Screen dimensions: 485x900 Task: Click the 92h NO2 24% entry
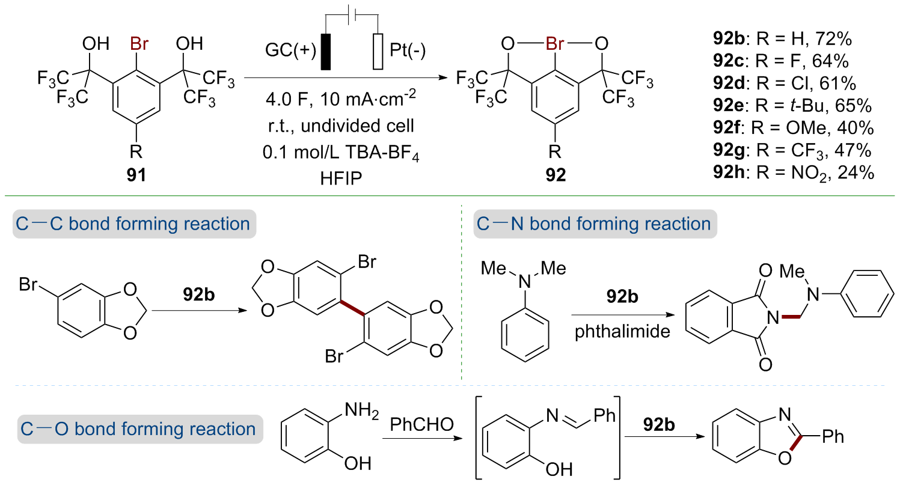[791, 172]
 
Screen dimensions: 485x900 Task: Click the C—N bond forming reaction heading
[594, 224]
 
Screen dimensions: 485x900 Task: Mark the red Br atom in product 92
[554, 44]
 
